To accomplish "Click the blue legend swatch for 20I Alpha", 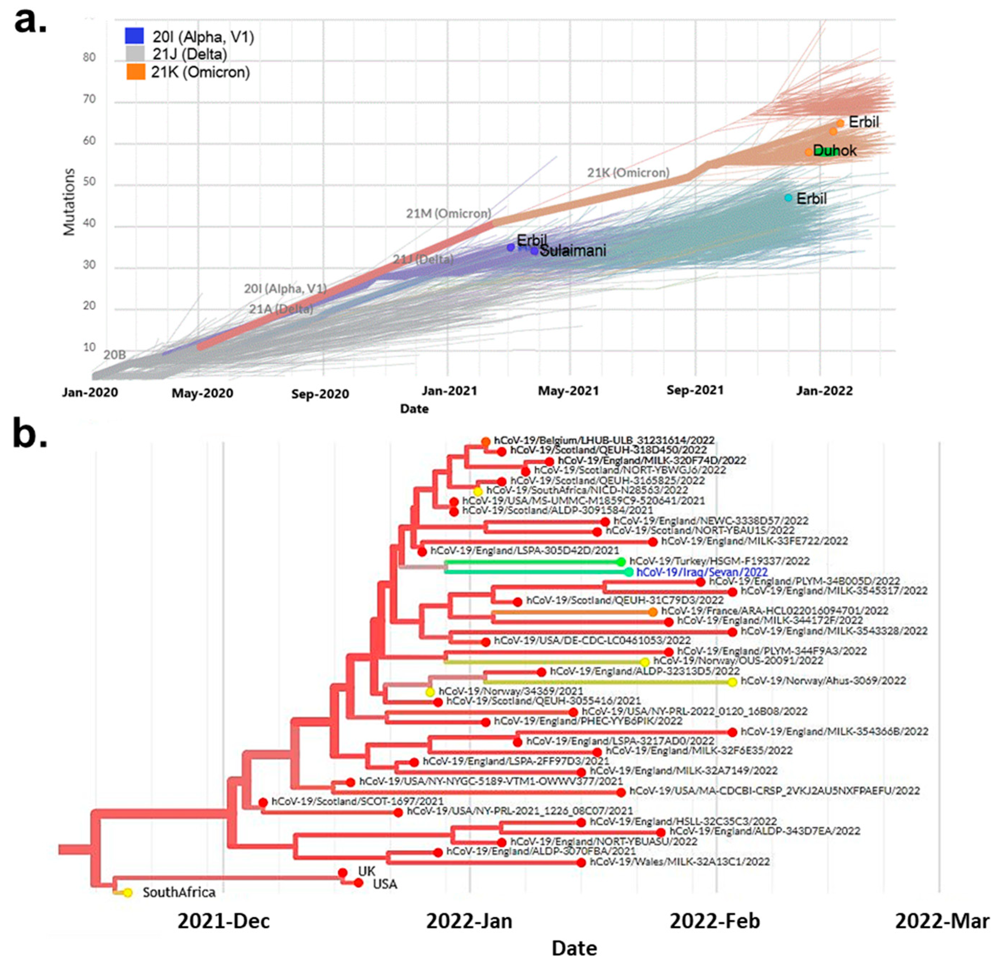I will point(135,36).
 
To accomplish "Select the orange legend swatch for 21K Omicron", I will point(136,72).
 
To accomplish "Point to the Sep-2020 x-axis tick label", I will point(320,394).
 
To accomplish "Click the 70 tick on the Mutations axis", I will point(89,99).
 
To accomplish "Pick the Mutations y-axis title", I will point(69,202).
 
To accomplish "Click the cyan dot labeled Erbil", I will point(788,198).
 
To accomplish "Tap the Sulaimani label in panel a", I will point(573,251).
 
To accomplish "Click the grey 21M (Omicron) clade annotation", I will point(448,214).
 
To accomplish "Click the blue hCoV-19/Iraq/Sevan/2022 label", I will point(702,572).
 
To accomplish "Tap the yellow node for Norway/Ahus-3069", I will point(732,682).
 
